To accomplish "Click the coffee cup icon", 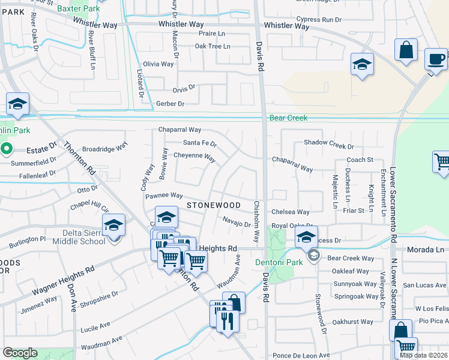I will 436,59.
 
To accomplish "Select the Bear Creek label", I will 288,118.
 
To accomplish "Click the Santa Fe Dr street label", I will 199,143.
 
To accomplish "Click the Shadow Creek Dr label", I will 329,145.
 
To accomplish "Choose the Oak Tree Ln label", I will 212,46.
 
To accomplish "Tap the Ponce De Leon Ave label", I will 301,355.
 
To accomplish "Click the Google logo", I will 20,353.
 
